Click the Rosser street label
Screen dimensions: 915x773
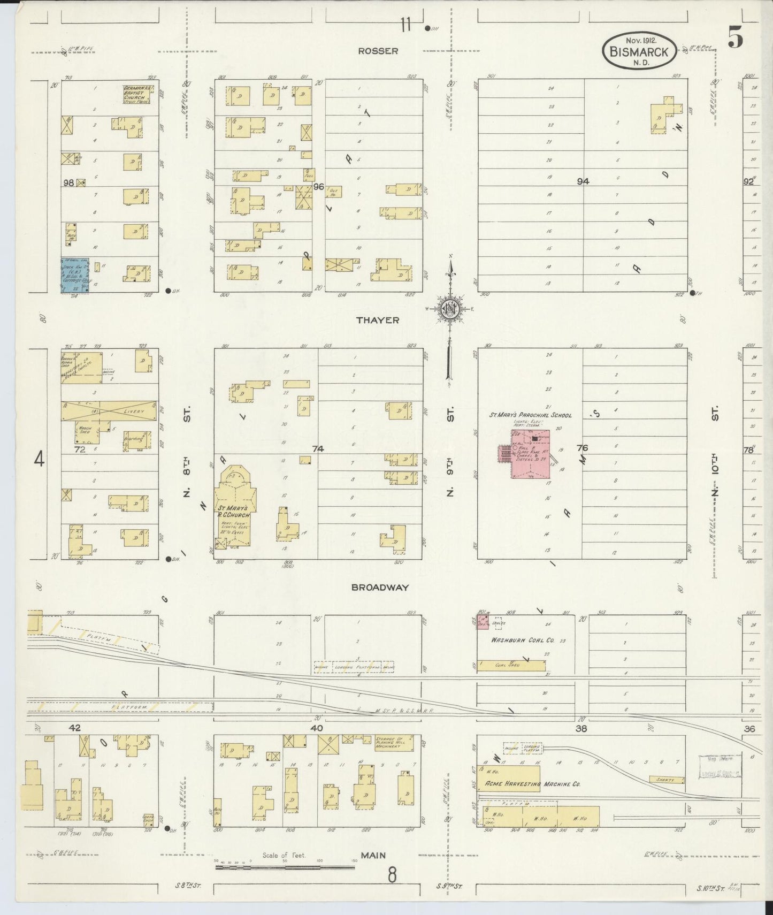point(378,51)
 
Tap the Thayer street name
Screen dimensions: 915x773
point(378,320)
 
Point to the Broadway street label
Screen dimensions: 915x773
point(380,587)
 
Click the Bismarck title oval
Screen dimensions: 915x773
point(640,51)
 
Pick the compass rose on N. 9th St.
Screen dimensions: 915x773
point(450,309)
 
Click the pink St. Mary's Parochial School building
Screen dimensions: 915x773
point(530,453)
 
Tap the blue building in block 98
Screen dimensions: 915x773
point(76,274)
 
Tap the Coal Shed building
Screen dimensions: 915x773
point(511,666)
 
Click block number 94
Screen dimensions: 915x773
point(583,181)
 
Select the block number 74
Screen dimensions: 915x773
point(318,449)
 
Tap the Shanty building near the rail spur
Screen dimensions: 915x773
point(666,780)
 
